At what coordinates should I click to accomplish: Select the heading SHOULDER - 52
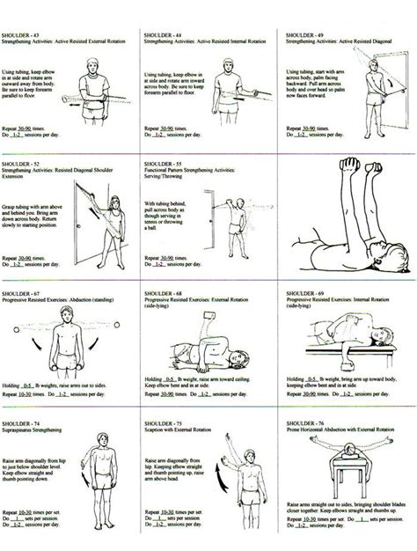click(19, 165)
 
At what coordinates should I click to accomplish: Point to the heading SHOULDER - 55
click(161, 165)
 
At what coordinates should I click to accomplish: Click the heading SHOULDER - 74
click(19, 423)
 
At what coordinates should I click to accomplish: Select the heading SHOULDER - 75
click(161, 423)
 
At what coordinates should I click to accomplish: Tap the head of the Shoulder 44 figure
click(233, 67)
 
